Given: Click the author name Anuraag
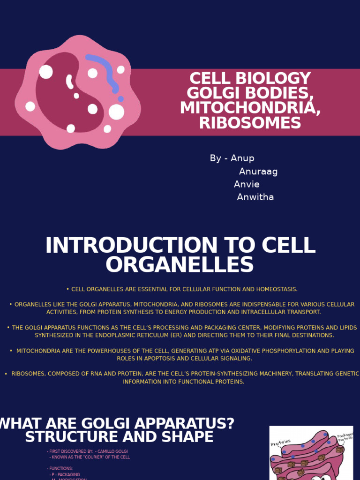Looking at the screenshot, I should (258, 172).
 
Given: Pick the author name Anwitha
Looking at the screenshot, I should (255, 197).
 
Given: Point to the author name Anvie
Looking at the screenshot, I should (247, 184).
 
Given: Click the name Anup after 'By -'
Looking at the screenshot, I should (242, 158).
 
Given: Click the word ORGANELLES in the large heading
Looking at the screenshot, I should (180, 265).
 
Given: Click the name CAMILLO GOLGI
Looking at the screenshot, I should (112, 451).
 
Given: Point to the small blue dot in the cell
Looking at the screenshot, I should (121, 99).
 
